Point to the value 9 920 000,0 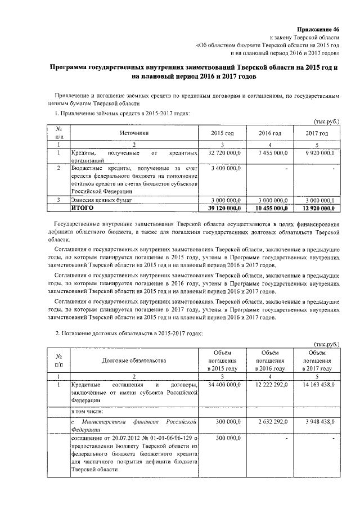click(320, 153)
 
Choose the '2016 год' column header click(270, 133)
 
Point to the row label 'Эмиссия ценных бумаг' click(102, 200)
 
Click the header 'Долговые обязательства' click(134, 360)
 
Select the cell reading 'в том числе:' click(87, 411)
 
